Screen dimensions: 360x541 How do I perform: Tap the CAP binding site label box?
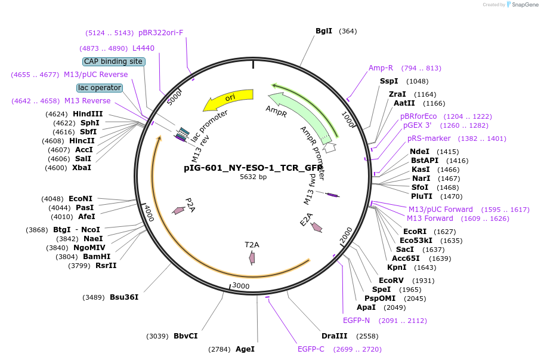click(x=113, y=61)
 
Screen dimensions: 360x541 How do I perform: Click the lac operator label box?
click(x=100, y=88)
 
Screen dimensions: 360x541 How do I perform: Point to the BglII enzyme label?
click(x=324, y=31)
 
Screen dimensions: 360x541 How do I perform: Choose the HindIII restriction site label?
click(x=88, y=113)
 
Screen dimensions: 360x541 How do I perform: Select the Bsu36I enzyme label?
click(x=124, y=297)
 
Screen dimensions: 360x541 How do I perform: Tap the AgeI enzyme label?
click(x=245, y=349)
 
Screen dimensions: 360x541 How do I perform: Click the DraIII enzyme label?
click(x=334, y=336)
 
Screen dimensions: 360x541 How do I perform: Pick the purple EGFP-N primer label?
click(x=356, y=321)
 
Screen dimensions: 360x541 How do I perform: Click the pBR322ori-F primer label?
click(x=161, y=33)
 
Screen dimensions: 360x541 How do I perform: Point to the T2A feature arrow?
click(x=252, y=257)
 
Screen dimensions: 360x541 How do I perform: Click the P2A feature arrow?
click(x=178, y=210)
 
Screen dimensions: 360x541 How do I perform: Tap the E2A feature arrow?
click(x=317, y=227)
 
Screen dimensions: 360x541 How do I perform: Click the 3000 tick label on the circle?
click(x=240, y=286)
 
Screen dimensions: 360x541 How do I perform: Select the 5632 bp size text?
click(x=254, y=177)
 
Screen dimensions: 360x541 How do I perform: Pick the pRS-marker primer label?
click(x=429, y=139)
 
